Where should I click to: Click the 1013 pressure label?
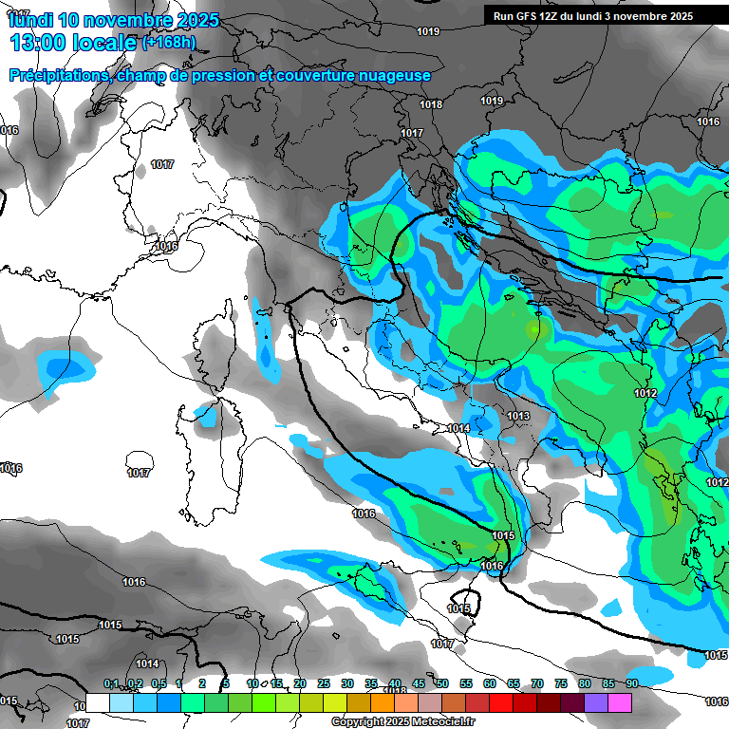(517, 416)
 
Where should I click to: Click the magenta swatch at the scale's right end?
(620, 702)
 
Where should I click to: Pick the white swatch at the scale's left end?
(98, 702)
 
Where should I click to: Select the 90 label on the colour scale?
(631, 683)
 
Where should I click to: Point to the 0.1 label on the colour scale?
(110, 683)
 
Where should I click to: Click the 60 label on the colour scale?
(490, 683)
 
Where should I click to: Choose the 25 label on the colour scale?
(324, 683)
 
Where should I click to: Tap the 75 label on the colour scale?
(561, 683)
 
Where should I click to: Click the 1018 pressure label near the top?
(431, 104)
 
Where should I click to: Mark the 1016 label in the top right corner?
(708, 121)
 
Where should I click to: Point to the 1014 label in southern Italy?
(458, 429)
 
